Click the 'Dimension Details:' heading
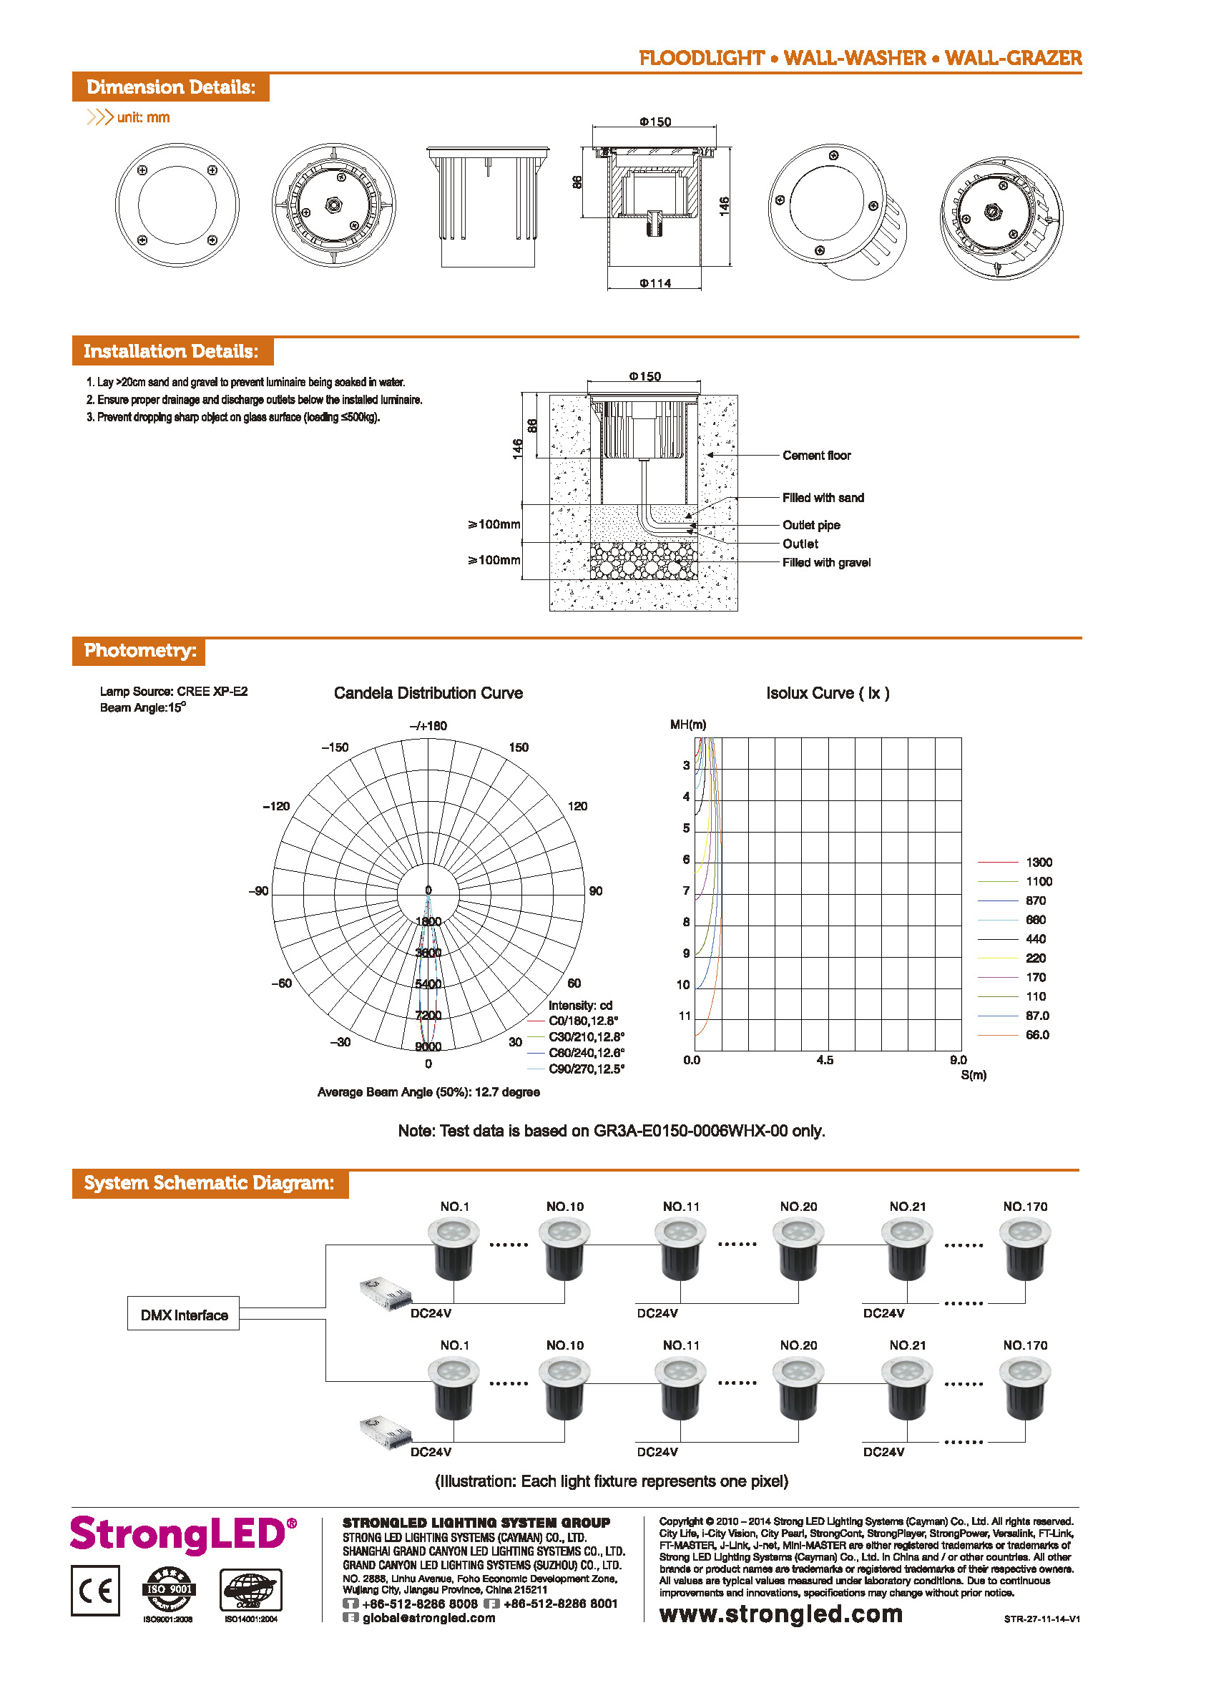[x=171, y=87]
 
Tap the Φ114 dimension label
[x=655, y=283]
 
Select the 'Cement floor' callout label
[x=817, y=456]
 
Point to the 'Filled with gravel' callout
[x=826, y=563]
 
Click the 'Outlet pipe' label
[x=811, y=525]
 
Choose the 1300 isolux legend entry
[x=1039, y=863]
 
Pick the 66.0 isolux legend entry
[x=1037, y=1035]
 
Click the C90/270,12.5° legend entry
[x=586, y=1069]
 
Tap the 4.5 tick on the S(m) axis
[x=825, y=1061]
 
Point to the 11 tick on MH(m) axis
[x=685, y=1016]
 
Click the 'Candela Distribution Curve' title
[x=428, y=694]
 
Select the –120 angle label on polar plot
[x=276, y=807]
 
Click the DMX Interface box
[x=183, y=1315]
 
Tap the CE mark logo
[x=95, y=1591]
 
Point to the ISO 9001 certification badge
[x=169, y=1589]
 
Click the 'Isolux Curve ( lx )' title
[x=828, y=694]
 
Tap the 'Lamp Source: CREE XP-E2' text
[x=174, y=692]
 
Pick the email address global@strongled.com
[x=428, y=1617]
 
